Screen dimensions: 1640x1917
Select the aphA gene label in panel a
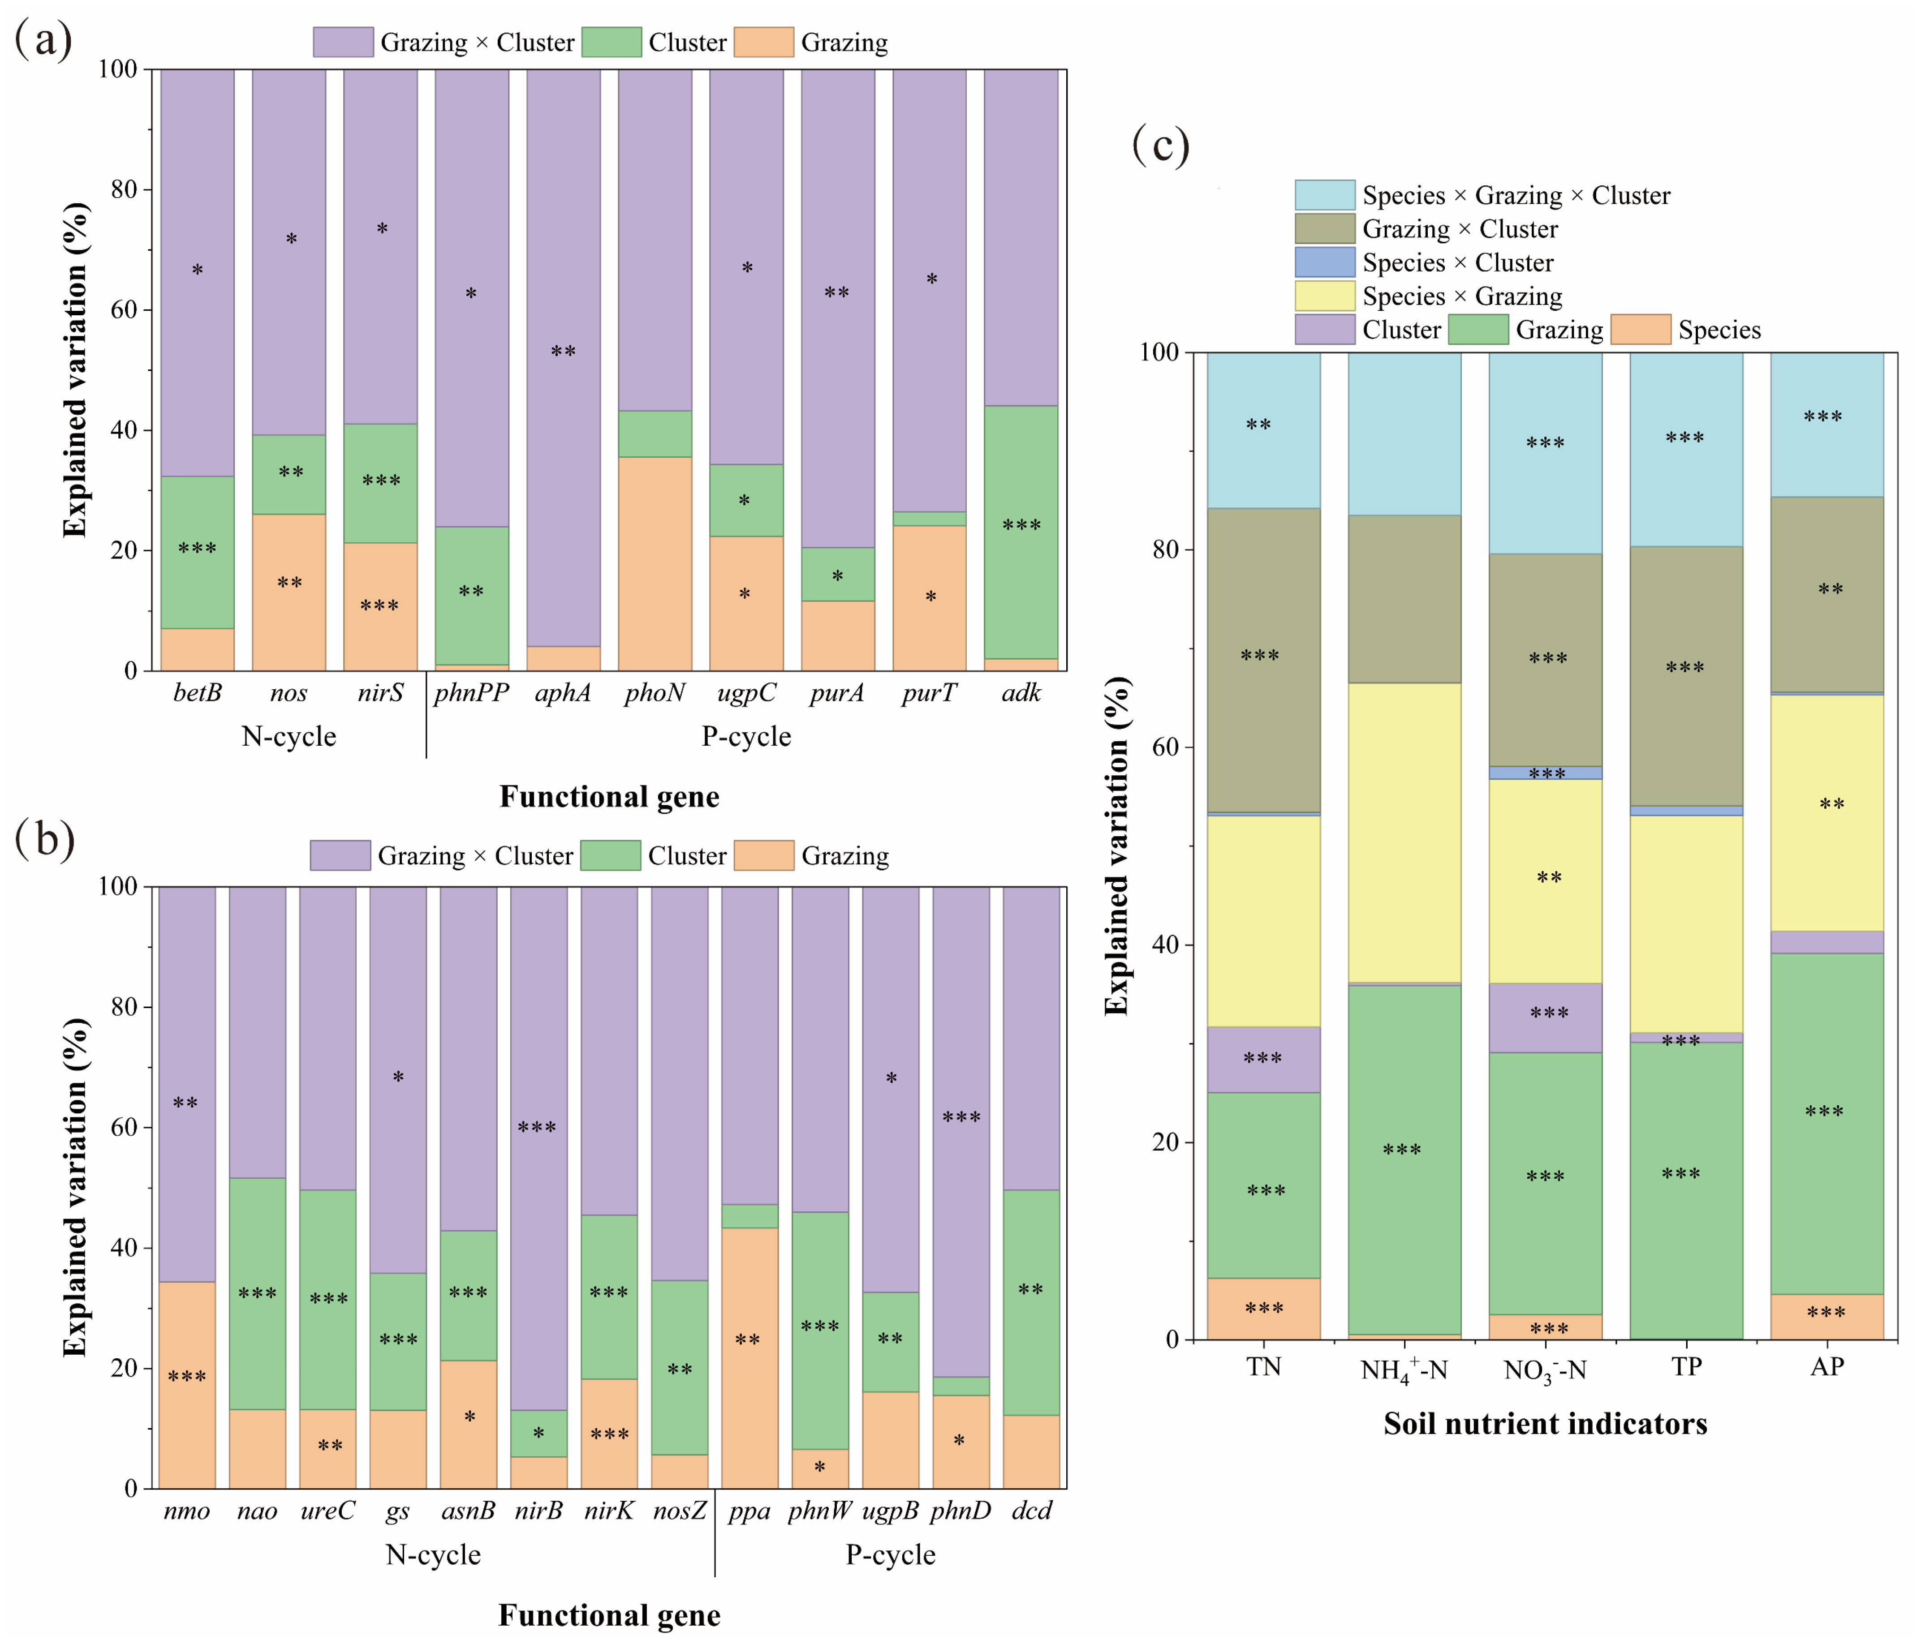(x=563, y=693)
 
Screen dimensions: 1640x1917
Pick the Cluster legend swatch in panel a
(x=611, y=43)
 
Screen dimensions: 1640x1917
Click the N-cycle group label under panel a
(x=289, y=736)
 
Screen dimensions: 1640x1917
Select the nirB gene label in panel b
(x=538, y=1511)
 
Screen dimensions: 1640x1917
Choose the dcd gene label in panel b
(x=1032, y=1511)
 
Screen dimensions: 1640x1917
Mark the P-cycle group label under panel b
(x=890, y=1555)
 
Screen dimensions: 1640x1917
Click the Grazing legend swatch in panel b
(x=763, y=856)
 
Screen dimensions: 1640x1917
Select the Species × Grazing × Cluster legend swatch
(x=1325, y=195)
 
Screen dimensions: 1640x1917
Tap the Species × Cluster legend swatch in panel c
(x=1325, y=263)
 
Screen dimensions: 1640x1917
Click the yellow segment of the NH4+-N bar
(x=1404, y=833)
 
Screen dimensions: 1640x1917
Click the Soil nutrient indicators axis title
(x=1545, y=1424)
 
